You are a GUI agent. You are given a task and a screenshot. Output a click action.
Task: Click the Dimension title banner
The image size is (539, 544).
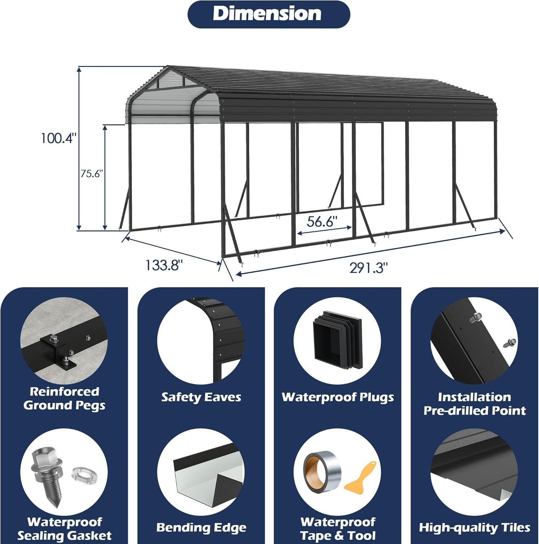tap(268, 14)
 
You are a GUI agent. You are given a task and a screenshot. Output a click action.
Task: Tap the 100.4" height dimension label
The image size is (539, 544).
tap(59, 138)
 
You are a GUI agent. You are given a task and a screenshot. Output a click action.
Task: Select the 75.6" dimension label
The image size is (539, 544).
tap(91, 173)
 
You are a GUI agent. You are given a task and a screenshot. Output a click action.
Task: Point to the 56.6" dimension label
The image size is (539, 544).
tap(322, 221)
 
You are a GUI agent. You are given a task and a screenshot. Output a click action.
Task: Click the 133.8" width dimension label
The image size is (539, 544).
tap(164, 265)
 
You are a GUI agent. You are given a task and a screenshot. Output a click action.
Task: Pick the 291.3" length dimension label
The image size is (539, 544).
tap(369, 268)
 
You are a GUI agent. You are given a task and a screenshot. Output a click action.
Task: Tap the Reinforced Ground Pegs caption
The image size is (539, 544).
tap(64, 398)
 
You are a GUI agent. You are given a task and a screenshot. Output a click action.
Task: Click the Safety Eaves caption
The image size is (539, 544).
tap(201, 397)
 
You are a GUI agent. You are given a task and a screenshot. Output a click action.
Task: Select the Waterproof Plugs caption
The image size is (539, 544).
tap(338, 397)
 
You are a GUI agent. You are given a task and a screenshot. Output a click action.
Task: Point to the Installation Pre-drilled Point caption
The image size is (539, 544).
tap(474, 404)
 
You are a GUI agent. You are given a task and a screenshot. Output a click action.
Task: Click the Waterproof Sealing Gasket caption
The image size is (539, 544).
tap(64, 529)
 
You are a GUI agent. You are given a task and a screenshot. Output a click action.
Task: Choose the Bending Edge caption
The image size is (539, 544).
tap(201, 528)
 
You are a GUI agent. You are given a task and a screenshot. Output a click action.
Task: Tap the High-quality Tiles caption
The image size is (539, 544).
tap(474, 528)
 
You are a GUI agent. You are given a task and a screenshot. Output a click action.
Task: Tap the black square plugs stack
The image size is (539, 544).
tap(337, 340)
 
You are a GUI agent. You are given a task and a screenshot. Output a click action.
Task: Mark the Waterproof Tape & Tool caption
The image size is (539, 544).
tap(338, 529)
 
